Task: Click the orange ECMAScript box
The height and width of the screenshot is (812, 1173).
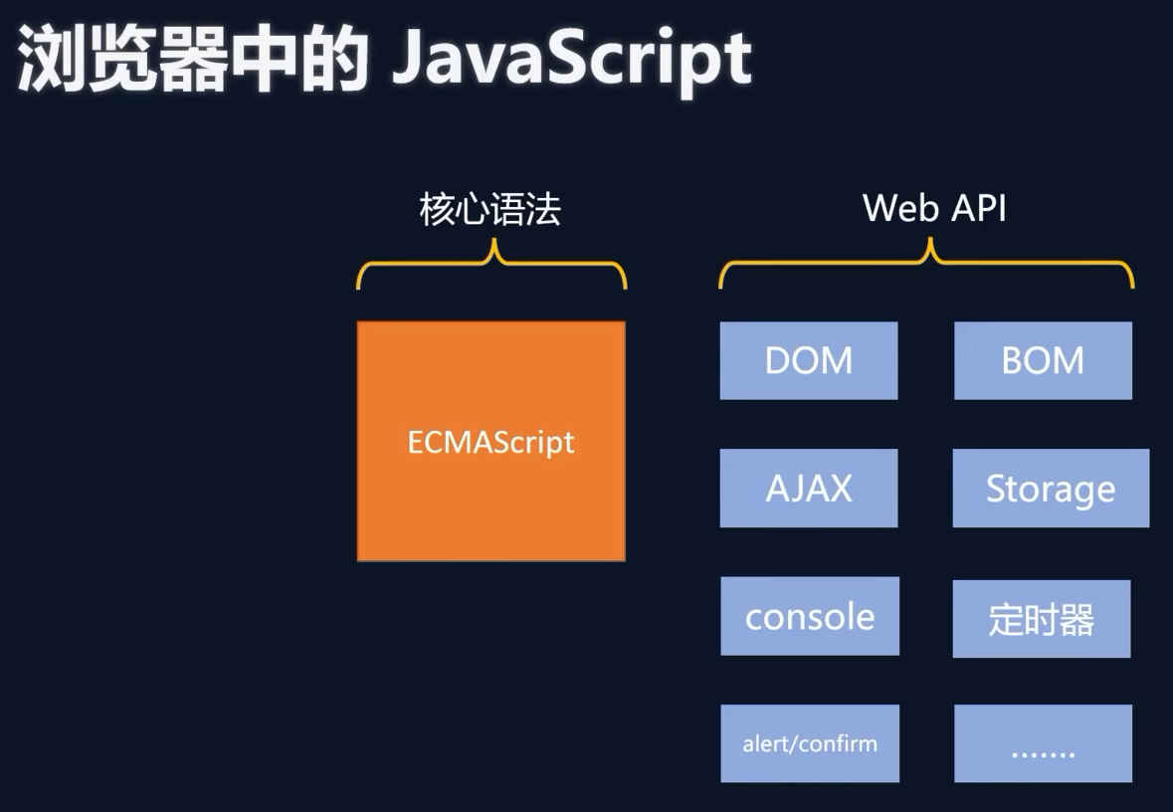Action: [x=490, y=498]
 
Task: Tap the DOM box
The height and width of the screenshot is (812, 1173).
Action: [x=809, y=360]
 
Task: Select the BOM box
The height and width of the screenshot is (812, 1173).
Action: [x=1043, y=360]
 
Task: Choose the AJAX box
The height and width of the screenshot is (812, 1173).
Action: [x=809, y=488]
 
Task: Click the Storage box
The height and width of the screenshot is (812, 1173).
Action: [x=1051, y=488]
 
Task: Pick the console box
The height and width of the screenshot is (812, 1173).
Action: [x=810, y=616]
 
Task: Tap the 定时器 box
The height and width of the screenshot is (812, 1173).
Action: [x=1042, y=619]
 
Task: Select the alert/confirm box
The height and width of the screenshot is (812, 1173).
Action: [x=810, y=743]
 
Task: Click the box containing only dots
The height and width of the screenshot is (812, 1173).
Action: [x=1043, y=743]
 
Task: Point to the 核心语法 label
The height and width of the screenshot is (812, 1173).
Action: [x=490, y=209]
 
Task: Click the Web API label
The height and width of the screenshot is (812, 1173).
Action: [x=934, y=208]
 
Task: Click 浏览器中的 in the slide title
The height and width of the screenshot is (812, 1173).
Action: [x=193, y=62]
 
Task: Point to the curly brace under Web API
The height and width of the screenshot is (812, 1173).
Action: [x=927, y=264]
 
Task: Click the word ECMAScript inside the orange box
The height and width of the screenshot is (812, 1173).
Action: [x=490, y=442]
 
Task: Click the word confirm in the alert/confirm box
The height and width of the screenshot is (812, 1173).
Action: [x=843, y=743]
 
